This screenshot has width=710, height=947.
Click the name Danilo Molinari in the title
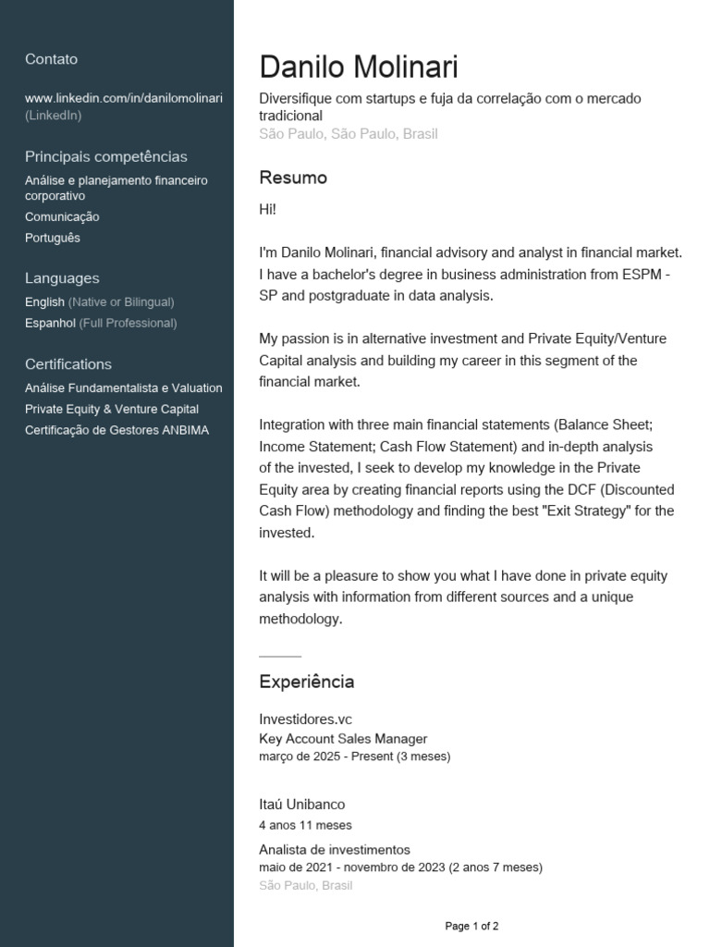click(x=359, y=68)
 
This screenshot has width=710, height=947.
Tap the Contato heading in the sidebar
click(x=52, y=59)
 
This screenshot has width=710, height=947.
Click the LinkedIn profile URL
click(x=124, y=98)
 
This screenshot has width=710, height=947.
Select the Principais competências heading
click(x=106, y=157)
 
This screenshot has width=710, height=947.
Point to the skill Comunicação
click(x=62, y=217)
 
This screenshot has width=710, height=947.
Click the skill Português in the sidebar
click(x=53, y=239)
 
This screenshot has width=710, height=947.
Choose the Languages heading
click(x=62, y=278)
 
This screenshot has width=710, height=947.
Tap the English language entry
click(x=45, y=302)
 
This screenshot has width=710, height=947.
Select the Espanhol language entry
click(x=51, y=324)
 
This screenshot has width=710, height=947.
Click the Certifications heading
click(x=68, y=364)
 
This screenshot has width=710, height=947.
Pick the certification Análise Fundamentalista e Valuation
click(x=124, y=388)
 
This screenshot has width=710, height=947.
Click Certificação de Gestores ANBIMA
click(x=117, y=431)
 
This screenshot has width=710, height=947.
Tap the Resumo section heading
click(x=293, y=178)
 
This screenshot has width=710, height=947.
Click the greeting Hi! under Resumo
click(x=268, y=210)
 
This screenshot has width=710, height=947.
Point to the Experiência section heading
click(x=307, y=683)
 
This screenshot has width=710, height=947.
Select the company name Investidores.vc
click(x=306, y=719)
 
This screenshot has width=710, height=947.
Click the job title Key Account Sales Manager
click(x=343, y=739)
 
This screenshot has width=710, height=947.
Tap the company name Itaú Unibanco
click(x=302, y=805)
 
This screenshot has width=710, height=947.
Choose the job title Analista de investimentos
click(x=335, y=850)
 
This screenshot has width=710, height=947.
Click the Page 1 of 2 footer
click(x=472, y=926)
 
